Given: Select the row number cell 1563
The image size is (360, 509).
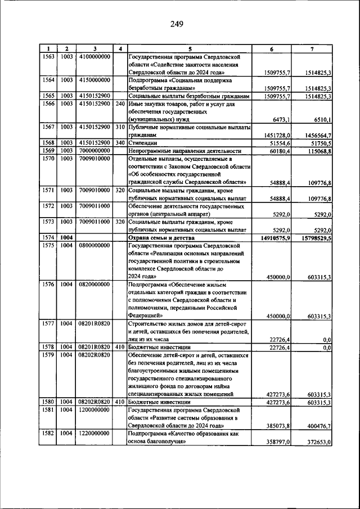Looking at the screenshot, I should [49, 57].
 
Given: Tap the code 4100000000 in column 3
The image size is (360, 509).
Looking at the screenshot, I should [93, 57].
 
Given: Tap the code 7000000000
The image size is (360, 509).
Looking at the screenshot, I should [93, 151].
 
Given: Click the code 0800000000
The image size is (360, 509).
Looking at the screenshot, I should [93, 246].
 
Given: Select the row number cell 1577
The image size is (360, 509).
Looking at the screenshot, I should [49, 324].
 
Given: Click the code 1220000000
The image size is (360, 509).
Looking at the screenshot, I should [93, 434].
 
